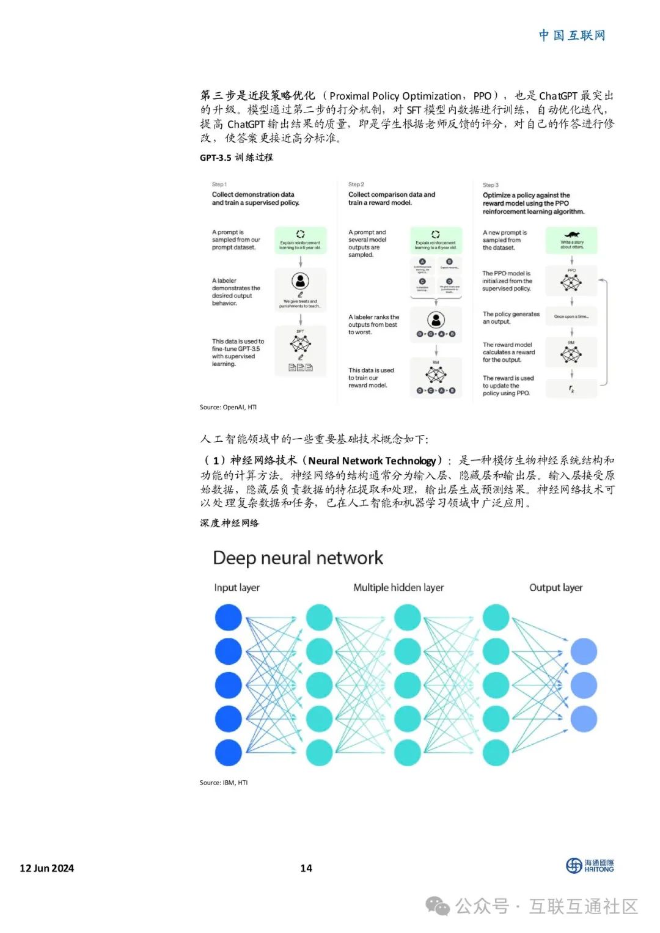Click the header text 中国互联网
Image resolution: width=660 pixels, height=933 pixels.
click(572, 35)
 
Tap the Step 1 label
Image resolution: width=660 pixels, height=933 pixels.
click(219, 184)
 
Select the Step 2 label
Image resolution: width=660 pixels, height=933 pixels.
click(356, 184)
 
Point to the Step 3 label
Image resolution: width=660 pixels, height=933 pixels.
click(491, 185)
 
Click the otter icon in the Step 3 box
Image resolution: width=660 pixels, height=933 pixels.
click(572, 235)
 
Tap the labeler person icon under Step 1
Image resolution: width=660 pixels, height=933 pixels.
click(300, 281)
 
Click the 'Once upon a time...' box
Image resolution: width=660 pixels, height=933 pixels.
click(571, 316)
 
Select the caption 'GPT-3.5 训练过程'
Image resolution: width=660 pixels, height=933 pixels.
click(236, 158)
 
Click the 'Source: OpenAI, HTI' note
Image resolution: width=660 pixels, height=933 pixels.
click(228, 407)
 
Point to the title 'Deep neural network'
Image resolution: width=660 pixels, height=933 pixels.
click(298, 558)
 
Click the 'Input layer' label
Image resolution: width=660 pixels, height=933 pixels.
click(237, 588)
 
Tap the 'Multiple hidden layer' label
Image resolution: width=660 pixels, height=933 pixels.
click(398, 588)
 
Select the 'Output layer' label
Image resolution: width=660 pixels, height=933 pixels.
click(555, 588)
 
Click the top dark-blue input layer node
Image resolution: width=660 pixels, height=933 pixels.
click(229, 618)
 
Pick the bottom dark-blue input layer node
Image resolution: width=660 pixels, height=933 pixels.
click(229, 753)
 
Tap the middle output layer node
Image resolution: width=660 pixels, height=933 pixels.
click(584, 685)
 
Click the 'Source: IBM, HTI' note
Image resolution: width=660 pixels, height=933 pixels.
click(224, 783)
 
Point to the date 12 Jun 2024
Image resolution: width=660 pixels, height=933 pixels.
click(47, 868)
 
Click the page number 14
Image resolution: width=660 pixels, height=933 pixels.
click(306, 868)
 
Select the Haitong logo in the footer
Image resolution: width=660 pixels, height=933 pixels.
click(590, 866)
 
